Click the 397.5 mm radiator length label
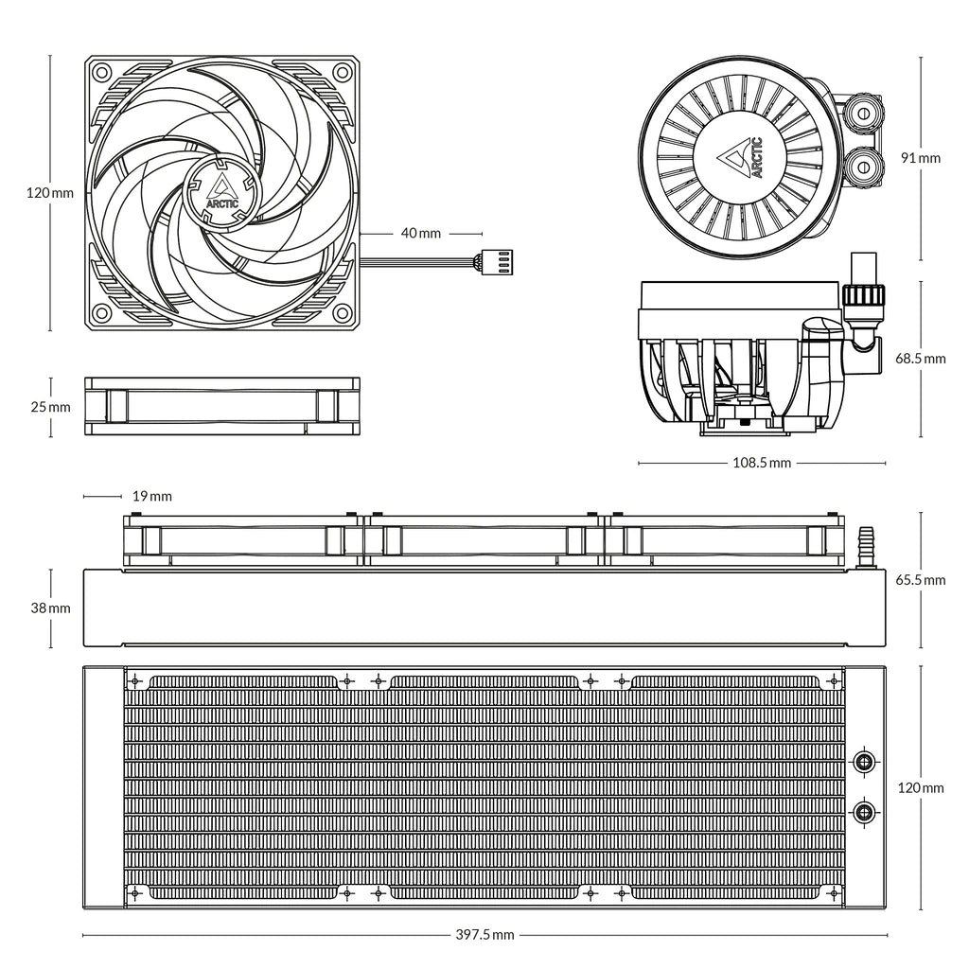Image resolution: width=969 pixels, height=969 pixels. click(484, 935)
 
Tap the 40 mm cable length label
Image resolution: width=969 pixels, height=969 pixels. click(421, 232)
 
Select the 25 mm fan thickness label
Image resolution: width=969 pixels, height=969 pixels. click(50, 407)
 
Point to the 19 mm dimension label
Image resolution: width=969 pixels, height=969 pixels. click(151, 496)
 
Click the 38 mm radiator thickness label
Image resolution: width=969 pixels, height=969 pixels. click(50, 608)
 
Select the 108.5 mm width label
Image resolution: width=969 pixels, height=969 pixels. click(762, 464)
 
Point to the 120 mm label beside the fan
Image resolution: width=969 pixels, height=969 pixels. click(50, 193)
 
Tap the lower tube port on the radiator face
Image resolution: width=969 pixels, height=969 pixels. click(863, 811)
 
